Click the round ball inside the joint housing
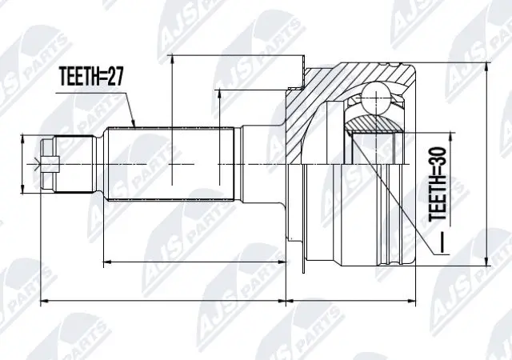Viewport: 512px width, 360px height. [x=375, y=101]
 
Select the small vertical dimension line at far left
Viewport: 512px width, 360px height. [x=22, y=165]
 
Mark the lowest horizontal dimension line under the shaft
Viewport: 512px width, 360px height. [x=160, y=302]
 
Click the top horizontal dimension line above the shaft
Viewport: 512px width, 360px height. [x=240, y=55]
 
